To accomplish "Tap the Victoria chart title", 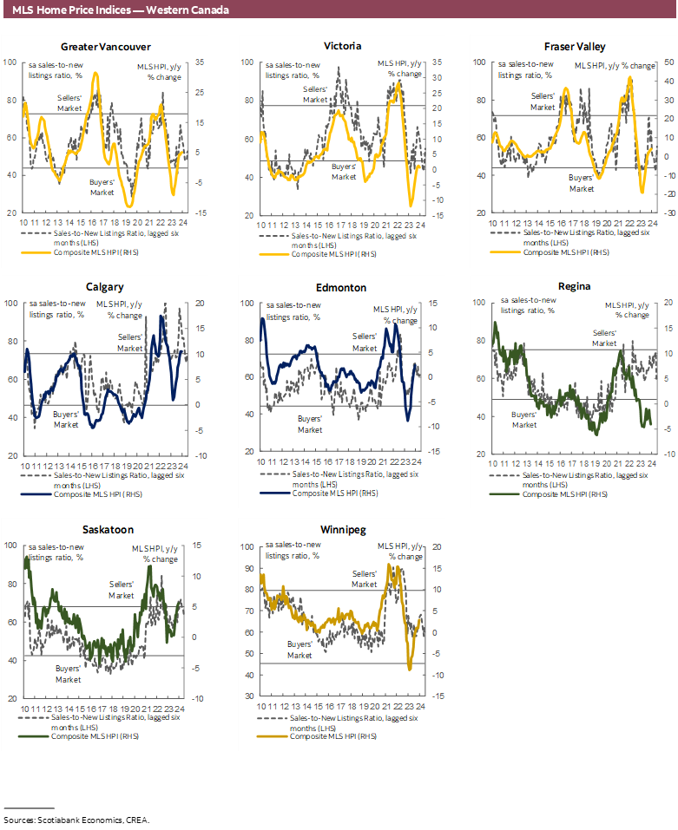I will pyautogui.click(x=342, y=46).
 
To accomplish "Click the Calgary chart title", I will pyautogui.click(x=104, y=286).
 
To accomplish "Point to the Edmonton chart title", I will pyautogui.click(x=342, y=287).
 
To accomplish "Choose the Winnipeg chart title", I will pyautogui.click(x=342, y=529).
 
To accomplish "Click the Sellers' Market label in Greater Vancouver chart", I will pyautogui.click(x=69, y=102).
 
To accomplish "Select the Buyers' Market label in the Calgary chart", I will pyautogui.click(x=66, y=420).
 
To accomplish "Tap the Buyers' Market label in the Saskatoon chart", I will pyautogui.click(x=68, y=674).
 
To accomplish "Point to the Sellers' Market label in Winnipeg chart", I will pyautogui.click(x=365, y=579).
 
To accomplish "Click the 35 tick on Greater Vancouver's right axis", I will pyautogui.click(x=199, y=62).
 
